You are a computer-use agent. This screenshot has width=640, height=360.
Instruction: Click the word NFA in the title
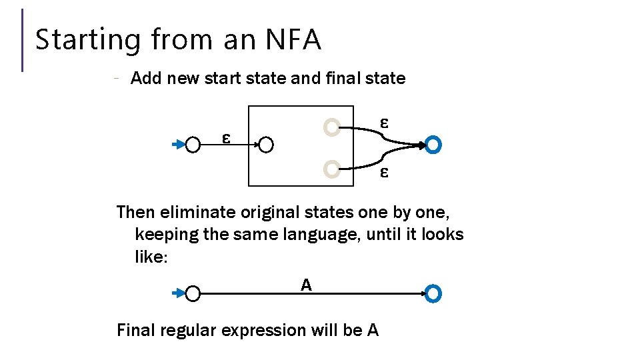click(293, 39)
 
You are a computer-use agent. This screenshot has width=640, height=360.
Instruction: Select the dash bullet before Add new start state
click(116, 79)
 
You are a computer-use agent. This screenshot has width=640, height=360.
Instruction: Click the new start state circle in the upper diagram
click(193, 145)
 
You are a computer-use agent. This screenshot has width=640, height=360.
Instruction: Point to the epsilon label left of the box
click(227, 138)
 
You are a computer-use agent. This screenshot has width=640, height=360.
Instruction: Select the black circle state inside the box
click(266, 145)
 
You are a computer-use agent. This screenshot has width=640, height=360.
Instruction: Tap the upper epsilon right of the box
click(384, 123)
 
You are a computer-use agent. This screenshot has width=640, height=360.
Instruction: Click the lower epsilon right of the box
click(384, 172)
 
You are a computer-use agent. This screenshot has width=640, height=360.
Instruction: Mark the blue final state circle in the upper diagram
click(433, 145)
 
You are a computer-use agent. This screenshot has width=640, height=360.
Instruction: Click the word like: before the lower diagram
click(151, 257)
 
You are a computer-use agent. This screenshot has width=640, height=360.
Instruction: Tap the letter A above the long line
click(306, 285)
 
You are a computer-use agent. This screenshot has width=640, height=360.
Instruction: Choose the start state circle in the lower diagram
click(193, 293)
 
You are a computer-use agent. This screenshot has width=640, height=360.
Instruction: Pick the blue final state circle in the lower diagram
click(433, 293)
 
